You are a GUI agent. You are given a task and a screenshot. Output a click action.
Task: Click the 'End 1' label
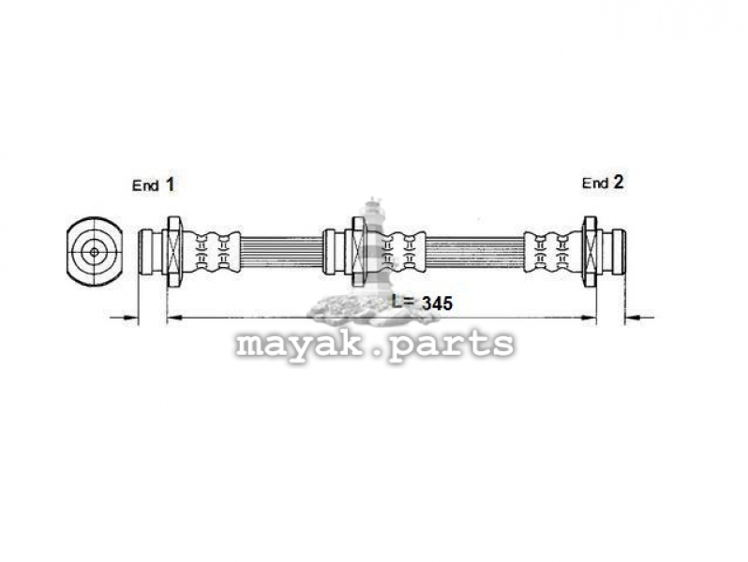(x=153, y=185)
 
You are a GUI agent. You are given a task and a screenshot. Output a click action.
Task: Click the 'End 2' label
(x=603, y=182)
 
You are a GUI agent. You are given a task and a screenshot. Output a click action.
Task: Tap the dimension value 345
(x=437, y=303)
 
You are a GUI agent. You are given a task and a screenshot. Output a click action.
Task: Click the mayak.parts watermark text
(x=375, y=344)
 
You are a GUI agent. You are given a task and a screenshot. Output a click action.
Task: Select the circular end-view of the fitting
(x=95, y=252)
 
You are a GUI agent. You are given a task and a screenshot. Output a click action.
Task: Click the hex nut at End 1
(x=173, y=252)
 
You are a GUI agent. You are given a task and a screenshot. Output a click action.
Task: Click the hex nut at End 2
(x=591, y=251)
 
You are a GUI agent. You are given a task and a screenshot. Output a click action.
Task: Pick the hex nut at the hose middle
(x=359, y=252)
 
